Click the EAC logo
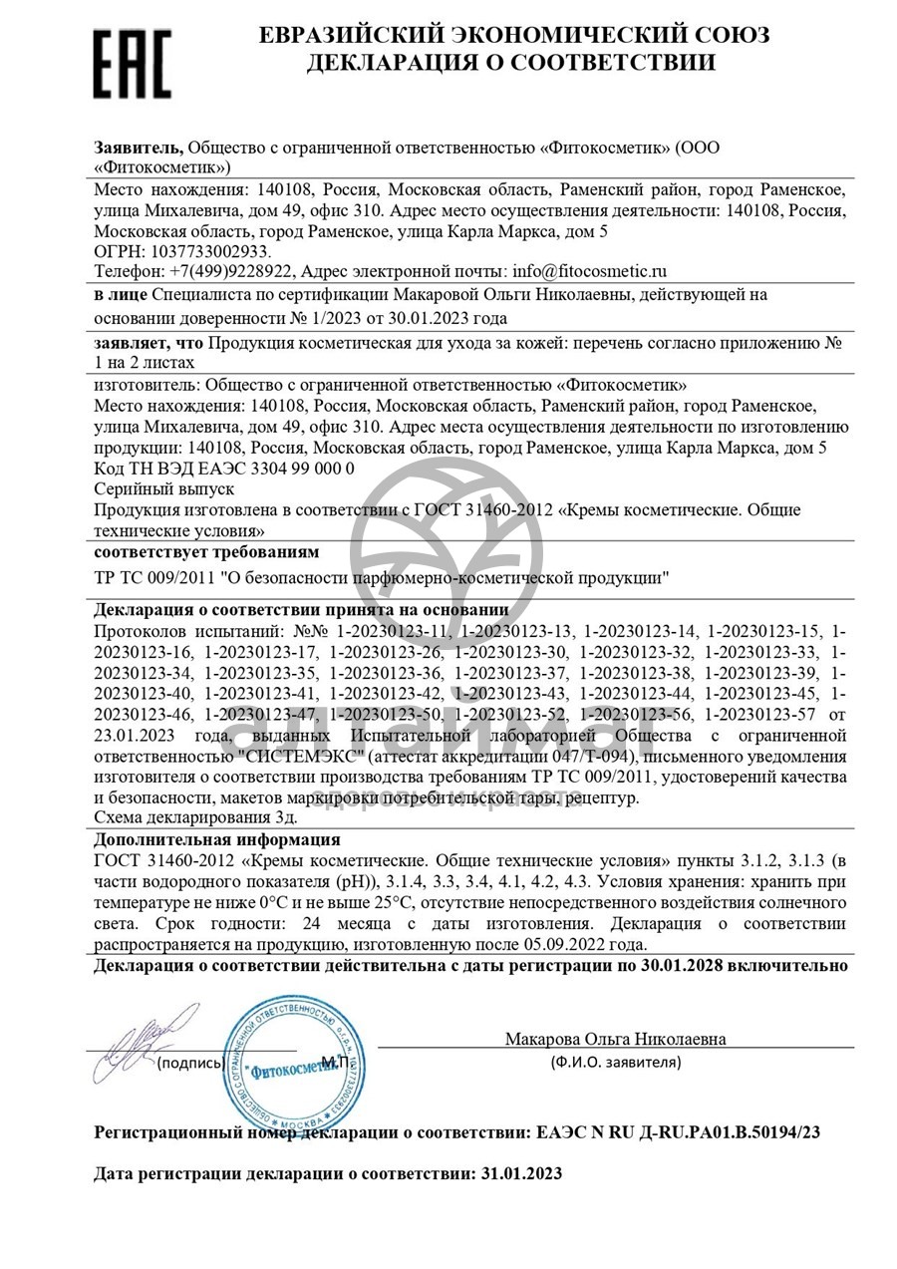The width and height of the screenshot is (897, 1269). (133, 63)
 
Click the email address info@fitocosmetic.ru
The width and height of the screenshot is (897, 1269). (589, 270)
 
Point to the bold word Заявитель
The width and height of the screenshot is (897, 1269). (139, 148)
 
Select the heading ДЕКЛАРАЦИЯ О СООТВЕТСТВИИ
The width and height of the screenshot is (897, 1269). (510, 63)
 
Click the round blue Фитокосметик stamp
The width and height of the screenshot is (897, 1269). (287, 1059)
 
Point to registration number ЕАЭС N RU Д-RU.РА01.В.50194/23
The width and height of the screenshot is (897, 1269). (679, 1132)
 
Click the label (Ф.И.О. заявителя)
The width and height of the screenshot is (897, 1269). (616, 1062)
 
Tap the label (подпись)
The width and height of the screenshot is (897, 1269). (189, 1063)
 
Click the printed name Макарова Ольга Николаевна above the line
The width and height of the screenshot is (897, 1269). (615, 1039)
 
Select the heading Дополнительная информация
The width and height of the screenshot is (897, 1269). (216, 839)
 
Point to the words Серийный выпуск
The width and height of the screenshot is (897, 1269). (163, 488)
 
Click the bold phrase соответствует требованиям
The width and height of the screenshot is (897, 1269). (206, 551)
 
